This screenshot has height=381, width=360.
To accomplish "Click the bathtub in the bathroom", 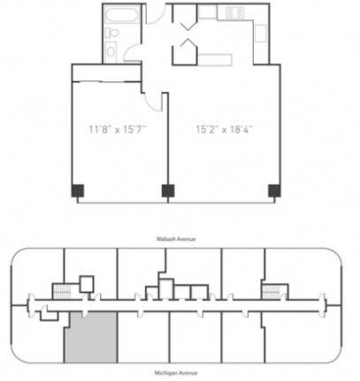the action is [121, 15].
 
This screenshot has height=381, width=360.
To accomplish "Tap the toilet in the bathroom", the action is [111, 33].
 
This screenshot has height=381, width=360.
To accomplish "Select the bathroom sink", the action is [111, 52].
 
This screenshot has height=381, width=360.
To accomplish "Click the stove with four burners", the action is [235, 12].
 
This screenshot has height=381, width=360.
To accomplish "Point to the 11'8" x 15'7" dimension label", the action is [118, 129].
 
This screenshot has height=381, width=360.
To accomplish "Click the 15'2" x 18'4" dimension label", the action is [225, 129].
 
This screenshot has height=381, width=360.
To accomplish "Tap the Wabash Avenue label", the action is [176, 239].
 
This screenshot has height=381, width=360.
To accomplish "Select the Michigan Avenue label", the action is [176, 373].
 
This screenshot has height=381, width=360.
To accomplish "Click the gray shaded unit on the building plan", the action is [91, 338].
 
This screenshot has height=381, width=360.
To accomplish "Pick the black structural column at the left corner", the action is [78, 191].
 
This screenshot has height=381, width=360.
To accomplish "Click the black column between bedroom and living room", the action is [168, 191].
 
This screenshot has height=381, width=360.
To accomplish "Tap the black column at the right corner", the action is [274, 191].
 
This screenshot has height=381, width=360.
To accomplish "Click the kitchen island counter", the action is [215, 60].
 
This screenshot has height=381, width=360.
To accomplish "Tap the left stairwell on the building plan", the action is [62, 292].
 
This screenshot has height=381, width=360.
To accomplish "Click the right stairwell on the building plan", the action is [272, 292].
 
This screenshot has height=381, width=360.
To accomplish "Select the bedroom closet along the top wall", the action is [106, 72].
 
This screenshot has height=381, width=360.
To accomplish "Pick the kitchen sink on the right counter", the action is [260, 34].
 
